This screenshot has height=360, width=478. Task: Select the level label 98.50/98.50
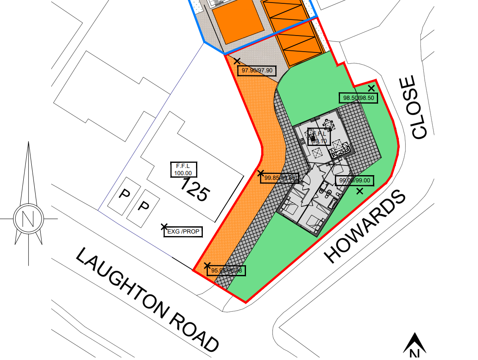pyautogui.click(x=358, y=98)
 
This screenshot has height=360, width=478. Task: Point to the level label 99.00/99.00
pyautogui.click(x=355, y=181)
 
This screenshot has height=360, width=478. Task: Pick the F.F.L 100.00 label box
pyautogui.click(x=181, y=169)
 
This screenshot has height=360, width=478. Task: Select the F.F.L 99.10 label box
pyautogui.click(x=318, y=137)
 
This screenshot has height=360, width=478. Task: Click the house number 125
pyautogui.click(x=195, y=190)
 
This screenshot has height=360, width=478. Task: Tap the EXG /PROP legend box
pyautogui.click(x=183, y=232)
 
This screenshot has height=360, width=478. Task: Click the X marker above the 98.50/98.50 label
pyautogui.click(x=371, y=88)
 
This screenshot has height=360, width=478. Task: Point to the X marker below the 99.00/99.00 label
pyautogui.click(x=360, y=191)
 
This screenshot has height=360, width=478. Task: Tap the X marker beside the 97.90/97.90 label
pyautogui.click(x=237, y=61)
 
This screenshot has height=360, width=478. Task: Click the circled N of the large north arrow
pyautogui.click(x=28, y=218)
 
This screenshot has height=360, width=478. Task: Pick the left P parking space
pyautogui.click(x=124, y=194)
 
